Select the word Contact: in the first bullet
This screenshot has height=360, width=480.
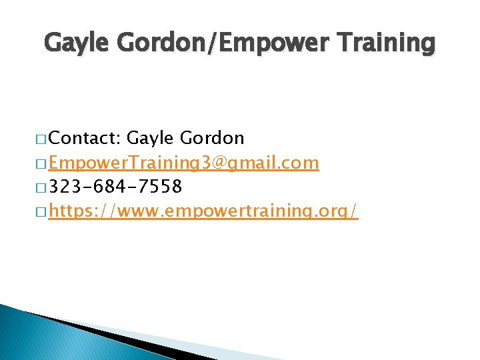click(84, 138)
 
